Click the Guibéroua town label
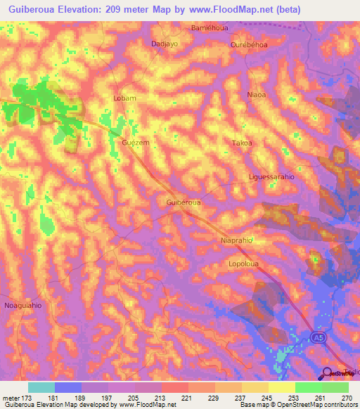pos(184,202)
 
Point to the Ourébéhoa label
pos(249,44)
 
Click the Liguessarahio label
pos(271,177)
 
